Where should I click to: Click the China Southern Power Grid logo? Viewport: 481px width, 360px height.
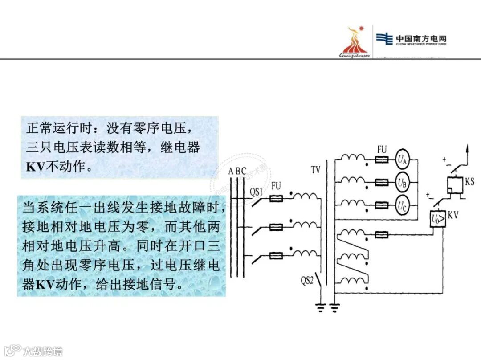point(411,39)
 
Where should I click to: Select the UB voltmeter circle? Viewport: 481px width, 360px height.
point(402,182)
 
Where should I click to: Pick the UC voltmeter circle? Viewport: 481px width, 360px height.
point(402,205)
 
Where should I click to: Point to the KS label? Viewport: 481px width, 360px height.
point(469,182)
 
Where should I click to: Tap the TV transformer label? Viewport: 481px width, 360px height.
point(315,170)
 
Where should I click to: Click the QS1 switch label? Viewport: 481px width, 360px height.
point(256,192)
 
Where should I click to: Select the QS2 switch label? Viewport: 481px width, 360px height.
point(306,281)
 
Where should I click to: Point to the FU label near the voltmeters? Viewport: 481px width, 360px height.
point(382,150)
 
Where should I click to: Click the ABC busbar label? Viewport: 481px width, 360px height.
point(237,171)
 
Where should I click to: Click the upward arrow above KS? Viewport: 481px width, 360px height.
point(467,150)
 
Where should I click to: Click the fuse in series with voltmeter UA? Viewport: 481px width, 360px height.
point(382,159)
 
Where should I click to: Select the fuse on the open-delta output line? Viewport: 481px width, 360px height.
point(382,235)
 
